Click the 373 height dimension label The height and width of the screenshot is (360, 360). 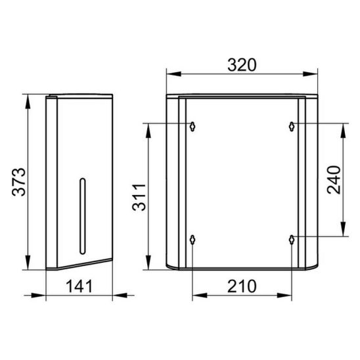pos(18,182)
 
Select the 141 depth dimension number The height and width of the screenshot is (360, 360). pos(79,286)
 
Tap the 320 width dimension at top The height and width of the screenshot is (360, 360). pos(242,65)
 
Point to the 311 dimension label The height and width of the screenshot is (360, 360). pos(139,197)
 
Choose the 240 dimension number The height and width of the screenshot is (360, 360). pos(334,180)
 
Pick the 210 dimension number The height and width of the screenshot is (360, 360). pos(242,286)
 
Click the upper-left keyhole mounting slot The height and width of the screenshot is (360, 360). pos(192,127)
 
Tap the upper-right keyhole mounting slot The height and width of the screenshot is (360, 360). pos(292,127)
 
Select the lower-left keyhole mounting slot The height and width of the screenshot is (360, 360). pos(192,240)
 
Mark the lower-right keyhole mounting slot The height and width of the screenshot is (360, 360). pos(292,240)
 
